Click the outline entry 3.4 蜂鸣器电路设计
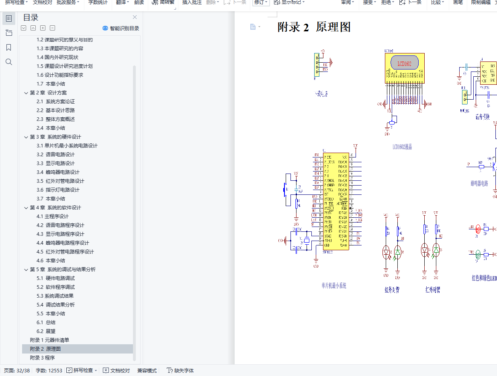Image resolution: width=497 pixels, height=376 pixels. pos(58,172)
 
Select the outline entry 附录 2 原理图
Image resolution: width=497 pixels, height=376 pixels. pos(45,349)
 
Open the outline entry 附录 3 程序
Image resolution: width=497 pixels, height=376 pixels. pos(42,358)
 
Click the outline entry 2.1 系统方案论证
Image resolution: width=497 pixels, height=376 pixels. pos(55,101)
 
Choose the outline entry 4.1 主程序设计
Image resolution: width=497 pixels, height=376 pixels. pos(52,216)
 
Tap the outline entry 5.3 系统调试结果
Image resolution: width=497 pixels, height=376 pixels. pos(55,296)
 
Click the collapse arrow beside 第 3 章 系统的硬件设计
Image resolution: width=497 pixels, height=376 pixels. pos(26,137)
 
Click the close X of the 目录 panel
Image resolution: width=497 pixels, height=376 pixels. pos(135,17)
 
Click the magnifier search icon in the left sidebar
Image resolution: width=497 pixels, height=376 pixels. pos(9,62)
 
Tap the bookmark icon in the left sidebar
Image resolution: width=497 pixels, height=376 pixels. pos(9,47)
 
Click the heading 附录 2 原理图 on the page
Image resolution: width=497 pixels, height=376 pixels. pos(314,27)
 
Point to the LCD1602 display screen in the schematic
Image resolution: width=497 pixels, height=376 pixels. pos(405,63)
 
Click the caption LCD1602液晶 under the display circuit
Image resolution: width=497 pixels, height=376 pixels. pos(402,147)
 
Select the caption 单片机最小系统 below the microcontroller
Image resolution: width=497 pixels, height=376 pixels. pos(334,286)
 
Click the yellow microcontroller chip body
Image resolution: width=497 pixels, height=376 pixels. pos(336,201)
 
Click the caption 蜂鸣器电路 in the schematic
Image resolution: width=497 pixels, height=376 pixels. pos(479,183)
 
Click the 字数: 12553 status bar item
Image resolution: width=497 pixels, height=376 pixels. pos(49,370)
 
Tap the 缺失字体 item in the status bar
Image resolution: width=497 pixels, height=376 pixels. pos(181,370)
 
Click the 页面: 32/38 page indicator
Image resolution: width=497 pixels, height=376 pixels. pos(17,370)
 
